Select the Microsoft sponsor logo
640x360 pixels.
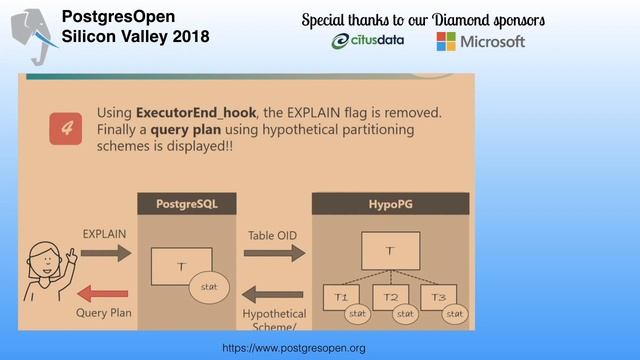click(480, 42)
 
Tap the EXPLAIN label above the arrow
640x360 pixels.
click(105, 233)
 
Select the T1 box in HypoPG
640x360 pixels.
click(341, 297)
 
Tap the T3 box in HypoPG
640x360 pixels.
click(438, 297)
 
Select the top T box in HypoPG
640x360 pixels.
click(390, 250)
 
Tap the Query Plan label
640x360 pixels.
click(105, 312)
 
